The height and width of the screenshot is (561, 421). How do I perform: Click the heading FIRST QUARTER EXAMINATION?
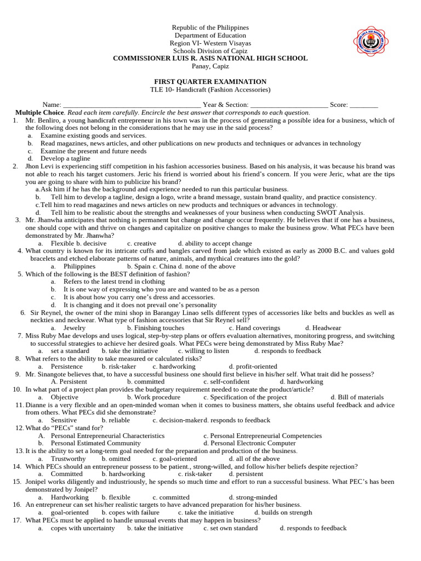coord(210,82)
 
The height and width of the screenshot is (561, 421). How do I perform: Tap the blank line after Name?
coord(132,105)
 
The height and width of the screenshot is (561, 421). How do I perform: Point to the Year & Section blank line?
coord(289,105)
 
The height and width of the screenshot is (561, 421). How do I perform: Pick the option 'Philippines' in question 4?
coord(79,266)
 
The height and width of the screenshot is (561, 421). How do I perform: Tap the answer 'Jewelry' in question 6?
coord(75,328)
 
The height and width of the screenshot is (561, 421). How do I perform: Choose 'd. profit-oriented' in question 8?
coord(253,366)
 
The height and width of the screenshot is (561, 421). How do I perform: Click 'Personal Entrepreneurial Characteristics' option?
coord(107,436)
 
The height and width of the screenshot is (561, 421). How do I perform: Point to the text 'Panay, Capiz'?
coord(210,66)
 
